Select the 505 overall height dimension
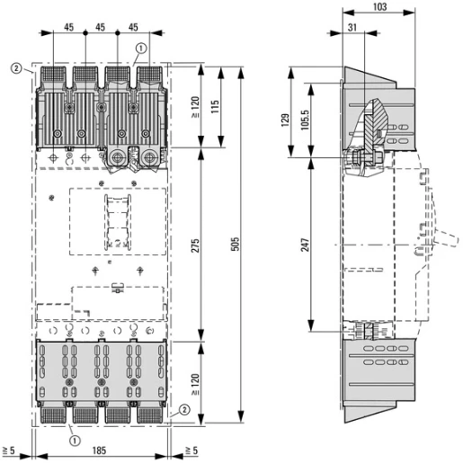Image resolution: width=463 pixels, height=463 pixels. (x=236, y=245)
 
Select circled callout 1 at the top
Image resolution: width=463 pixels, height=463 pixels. (x=141, y=49)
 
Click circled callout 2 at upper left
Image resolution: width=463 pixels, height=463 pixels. (x=16, y=67)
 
